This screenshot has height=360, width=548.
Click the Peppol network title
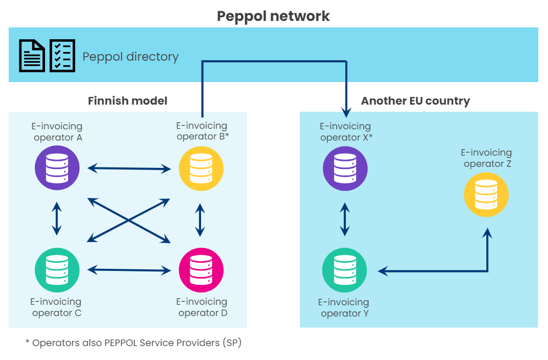click(x=273, y=16)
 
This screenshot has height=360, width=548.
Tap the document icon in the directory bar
click(x=32, y=55)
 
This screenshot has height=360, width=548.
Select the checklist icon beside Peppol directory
click(x=62, y=55)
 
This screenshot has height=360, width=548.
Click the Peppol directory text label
click(x=130, y=57)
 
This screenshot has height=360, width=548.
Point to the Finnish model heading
click(x=128, y=101)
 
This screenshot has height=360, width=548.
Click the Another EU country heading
click(x=416, y=101)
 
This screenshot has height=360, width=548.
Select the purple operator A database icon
click(x=57, y=168)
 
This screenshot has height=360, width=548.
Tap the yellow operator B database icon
click(x=201, y=168)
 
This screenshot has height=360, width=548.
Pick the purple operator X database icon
click(x=345, y=168)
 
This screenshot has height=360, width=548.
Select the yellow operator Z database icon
click(x=486, y=194)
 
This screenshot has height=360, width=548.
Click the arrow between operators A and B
click(x=129, y=168)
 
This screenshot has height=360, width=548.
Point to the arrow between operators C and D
click(x=129, y=270)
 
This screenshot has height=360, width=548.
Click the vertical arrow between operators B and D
click(x=201, y=219)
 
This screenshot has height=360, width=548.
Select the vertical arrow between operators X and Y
click(x=345, y=219)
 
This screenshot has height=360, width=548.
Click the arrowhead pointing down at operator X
click(x=346, y=112)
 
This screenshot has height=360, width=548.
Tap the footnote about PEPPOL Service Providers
click(x=137, y=343)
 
